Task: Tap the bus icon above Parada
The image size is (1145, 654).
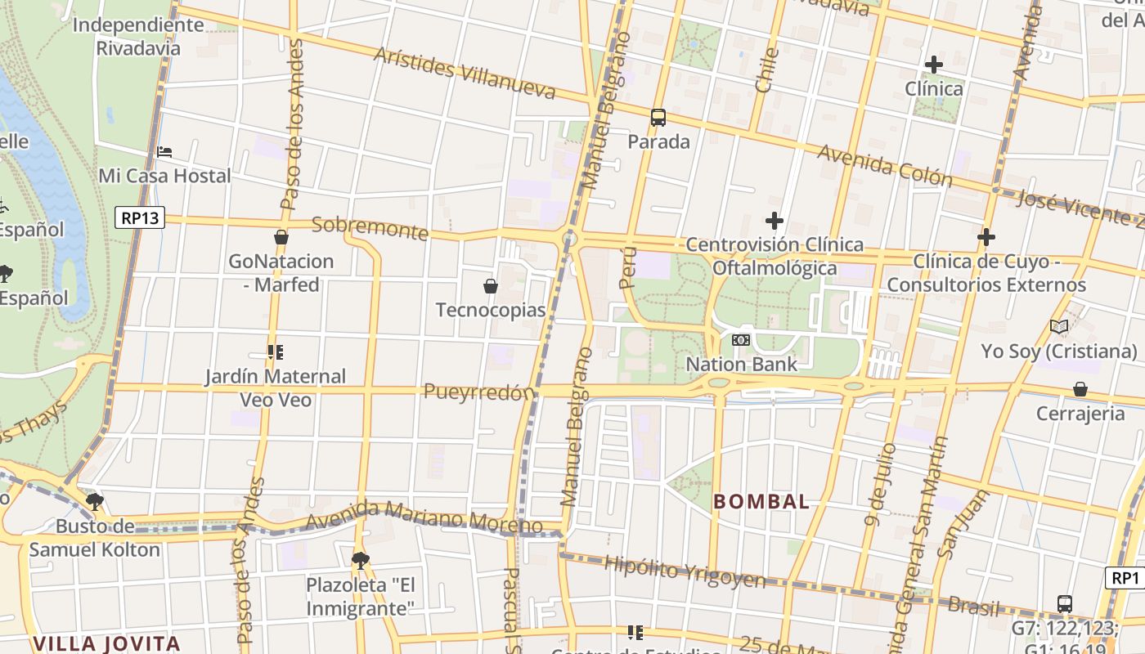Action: click(658, 117)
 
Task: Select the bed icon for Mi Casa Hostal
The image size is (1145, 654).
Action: click(164, 152)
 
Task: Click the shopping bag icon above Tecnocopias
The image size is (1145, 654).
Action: click(491, 286)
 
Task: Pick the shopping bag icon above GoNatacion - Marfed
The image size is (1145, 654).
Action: click(281, 238)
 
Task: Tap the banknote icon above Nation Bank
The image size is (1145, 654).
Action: click(741, 339)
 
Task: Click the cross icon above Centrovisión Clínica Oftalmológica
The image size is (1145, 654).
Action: click(775, 221)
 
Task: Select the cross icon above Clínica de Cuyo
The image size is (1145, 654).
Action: click(986, 238)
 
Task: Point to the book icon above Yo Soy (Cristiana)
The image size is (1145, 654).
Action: click(1059, 327)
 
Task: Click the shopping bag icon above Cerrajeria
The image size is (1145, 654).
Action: click(1080, 389)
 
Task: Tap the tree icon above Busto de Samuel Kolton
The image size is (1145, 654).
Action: click(95, 502)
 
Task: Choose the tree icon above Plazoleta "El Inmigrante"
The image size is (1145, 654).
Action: click(360, 561)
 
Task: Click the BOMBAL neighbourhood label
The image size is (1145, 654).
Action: click(761, 502)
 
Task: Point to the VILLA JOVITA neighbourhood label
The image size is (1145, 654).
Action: click(106, 643)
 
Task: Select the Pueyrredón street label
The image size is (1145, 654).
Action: click(478, 392)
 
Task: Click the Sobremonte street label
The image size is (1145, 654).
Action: click(370, 229)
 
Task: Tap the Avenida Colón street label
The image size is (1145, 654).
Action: click(884, 166)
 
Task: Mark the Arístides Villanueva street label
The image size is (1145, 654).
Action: click(465, 73)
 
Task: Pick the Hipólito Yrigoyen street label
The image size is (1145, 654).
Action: click(685, 572)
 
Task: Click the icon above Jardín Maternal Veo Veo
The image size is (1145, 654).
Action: click(275, 352)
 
